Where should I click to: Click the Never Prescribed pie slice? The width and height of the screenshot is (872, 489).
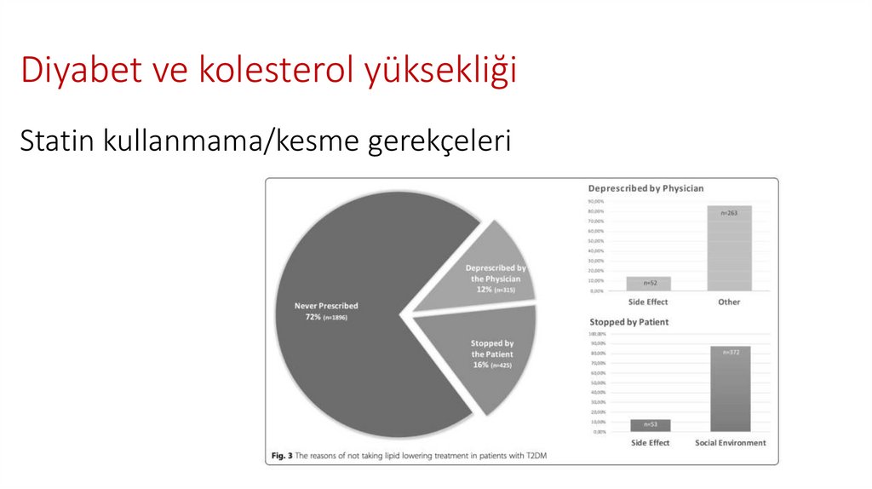(358, 341)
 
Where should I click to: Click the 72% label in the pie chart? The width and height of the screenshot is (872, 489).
(307, 317)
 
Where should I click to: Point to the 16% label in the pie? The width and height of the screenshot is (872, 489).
(480, 365)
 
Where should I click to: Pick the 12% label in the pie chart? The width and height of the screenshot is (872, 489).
(484, 290)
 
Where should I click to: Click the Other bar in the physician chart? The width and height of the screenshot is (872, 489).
(729, 249)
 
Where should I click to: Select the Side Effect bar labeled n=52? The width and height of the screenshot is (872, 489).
(649, 284)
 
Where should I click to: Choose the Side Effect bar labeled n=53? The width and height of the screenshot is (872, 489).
(650, 425)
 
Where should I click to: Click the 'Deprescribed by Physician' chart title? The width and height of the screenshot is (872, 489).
(645, 188)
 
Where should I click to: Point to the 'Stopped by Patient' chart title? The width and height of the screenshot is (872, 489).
(628, 322)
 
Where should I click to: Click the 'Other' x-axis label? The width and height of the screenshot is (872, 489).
(729, 302)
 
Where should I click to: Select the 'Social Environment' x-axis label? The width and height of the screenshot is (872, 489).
(731, 443)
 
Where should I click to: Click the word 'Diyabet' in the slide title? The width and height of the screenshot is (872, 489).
(72, 70)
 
